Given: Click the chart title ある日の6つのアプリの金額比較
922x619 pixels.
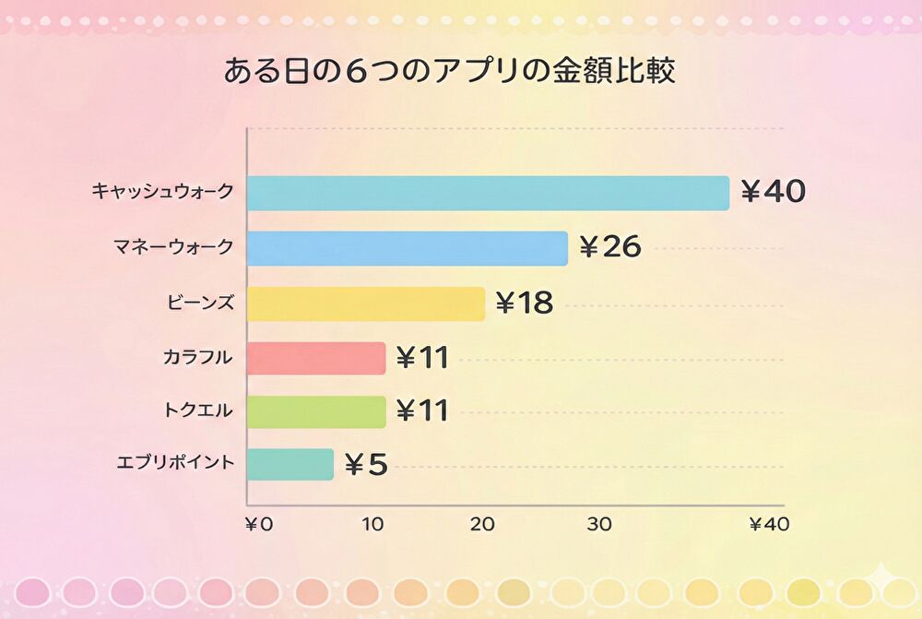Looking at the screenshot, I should click(449, 71).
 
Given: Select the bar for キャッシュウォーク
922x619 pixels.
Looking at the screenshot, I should click(488, 193).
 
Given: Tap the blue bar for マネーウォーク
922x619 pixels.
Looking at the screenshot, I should click(407, 248).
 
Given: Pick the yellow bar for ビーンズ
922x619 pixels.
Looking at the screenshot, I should click(365, 304).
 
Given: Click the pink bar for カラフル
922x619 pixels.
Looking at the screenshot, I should click(315, 358).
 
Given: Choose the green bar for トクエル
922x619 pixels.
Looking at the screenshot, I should click(315, 411).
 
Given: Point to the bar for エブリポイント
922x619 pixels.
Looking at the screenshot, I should click(290, 464).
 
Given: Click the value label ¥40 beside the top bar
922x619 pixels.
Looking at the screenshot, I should click(773, 192).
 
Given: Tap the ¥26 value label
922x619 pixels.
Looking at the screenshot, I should click(609, 247).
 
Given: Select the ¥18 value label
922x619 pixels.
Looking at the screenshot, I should click(525, 303).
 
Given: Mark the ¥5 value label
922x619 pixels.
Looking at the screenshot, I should click(366, 464).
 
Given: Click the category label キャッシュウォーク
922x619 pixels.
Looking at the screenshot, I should click(162, 192).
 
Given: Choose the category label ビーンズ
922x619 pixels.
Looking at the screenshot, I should click(201, 302).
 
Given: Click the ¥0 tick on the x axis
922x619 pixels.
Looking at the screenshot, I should click(259, 525).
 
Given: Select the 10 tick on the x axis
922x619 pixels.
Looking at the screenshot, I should click(372, 525).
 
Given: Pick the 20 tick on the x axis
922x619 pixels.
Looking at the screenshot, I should click(482, 525).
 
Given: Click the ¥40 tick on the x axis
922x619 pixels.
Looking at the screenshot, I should click(769, 525).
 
